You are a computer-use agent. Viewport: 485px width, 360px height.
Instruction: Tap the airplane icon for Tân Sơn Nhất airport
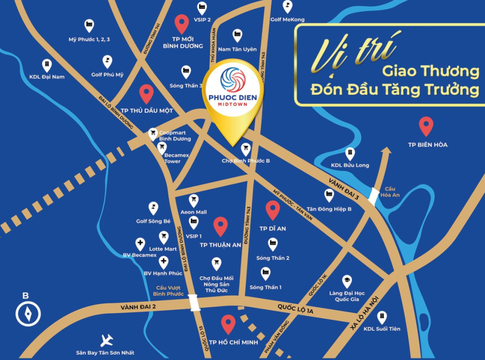[107, 340]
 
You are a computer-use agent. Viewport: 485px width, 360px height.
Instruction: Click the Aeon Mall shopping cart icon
[193, 200]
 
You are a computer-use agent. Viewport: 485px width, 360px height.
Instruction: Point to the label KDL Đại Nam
[47, 77]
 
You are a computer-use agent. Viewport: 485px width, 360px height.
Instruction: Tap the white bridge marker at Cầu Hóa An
[373, 196]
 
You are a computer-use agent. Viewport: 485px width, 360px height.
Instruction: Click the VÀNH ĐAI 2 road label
[139, 308]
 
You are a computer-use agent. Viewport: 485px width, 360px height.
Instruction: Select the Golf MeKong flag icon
[287, 6]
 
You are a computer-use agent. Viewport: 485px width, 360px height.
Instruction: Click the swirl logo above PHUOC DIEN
[232, 79]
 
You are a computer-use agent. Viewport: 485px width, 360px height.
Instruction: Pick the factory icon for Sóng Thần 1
[266, 273]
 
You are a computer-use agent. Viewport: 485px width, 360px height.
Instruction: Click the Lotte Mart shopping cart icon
[163, 237]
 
